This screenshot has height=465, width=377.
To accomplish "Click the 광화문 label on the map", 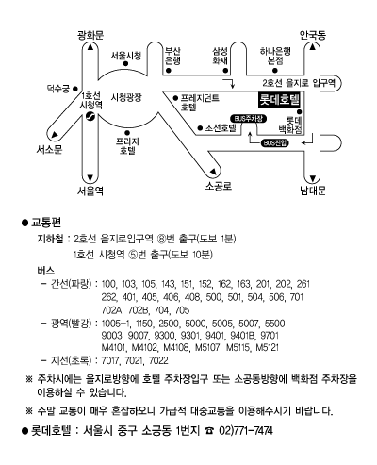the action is [x=90, y=35].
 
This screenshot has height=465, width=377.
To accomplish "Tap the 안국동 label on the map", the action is [x=313, y=35].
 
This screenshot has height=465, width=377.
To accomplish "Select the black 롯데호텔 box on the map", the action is [x=279, y=100].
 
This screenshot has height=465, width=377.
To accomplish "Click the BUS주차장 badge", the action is [x=249, y=119].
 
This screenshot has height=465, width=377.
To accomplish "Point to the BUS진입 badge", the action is [x=274, y=143].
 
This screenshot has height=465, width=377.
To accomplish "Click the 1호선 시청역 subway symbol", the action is [x=90, y=116].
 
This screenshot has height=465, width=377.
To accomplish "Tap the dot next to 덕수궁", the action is [x=75, y=89].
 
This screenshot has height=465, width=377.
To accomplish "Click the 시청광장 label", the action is [x=126, y=97].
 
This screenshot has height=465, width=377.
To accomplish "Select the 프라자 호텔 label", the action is [x=127, y=145].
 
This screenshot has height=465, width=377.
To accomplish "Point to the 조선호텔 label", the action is [x=221, y=128].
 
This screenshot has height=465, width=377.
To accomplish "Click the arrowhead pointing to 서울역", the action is [x=90, y=178].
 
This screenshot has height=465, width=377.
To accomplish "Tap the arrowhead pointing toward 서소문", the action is [x=56, y=135].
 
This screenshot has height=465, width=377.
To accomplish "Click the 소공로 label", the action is [x=219, y=186].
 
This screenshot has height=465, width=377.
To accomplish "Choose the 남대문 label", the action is [x=313, y=191].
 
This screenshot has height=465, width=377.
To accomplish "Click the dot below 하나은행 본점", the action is [x=275, y=71].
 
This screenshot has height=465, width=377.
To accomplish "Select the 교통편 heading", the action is [x=46, y=223].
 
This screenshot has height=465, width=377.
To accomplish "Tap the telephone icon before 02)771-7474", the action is [x=209, y=431].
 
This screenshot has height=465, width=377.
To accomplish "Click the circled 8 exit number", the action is [x=161, y=239].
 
